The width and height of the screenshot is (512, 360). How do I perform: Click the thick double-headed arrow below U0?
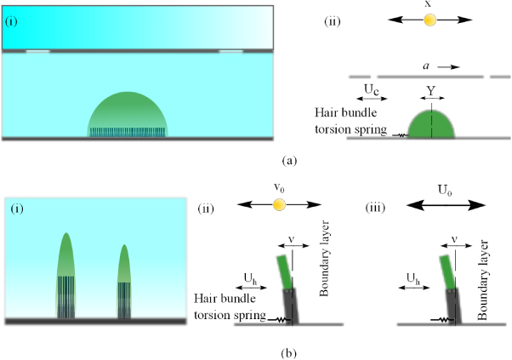[x=433, y=204]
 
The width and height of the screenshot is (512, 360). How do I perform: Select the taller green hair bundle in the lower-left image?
[x=67, y=255]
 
